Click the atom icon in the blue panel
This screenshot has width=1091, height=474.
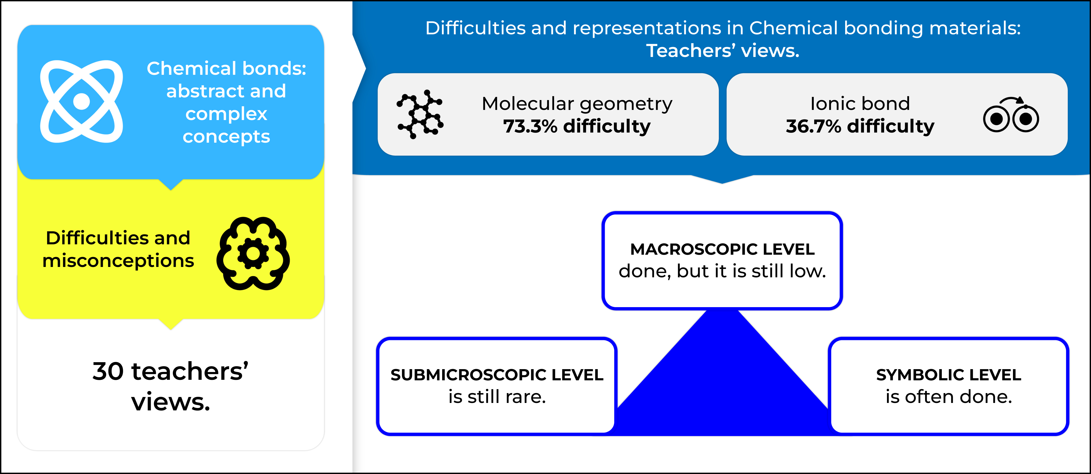coord(81,102)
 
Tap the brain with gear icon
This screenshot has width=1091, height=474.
coord(253,254)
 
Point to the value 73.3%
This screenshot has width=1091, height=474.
coord(530,126)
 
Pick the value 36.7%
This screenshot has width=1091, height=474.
coord(813,126)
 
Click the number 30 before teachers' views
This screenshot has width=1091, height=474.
coord(108,372)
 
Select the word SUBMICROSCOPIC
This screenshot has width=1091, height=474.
coord(457,375)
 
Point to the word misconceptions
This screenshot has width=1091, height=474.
coord(118,261)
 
